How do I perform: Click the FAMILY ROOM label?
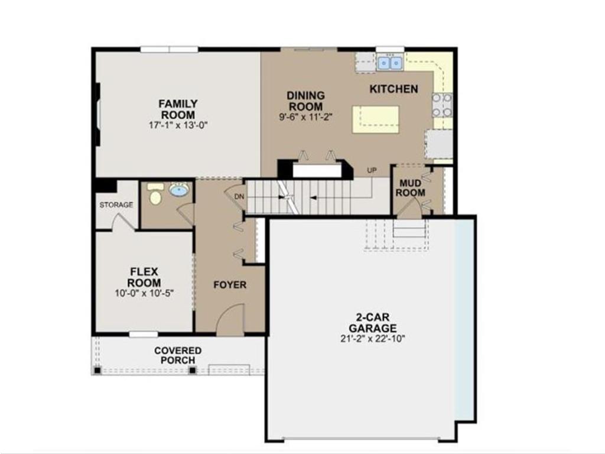pyautogui.click(x=178, y=109)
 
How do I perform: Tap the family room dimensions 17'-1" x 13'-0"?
pyautogui.click(x=178, y=125)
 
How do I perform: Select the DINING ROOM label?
pyautogui.click(x=305, y=100)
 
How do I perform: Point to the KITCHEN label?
pyautogui.click(x=393, y=89)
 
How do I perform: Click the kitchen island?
pyautogui.click(x=375, y=118)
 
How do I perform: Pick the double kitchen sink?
pyautogui.click(x=389, y=61)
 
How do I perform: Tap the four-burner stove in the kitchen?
pyautogui.click(x=442, y=105)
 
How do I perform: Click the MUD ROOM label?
pyautogui.click(x=410, y=187)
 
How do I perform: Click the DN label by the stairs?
pyautogui.click(x=239, y=197)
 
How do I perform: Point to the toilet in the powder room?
pyautogui.click(x=155, y=194)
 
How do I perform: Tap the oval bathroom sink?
pyautogui.click(x=178, y=190)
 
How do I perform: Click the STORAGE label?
pyautogui.click(x=116, y=205)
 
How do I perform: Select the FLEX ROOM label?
pyautogui.click(x=144, y=277)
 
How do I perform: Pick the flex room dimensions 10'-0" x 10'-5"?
pyautogui.click(x=144, y=293)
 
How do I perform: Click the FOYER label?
pyautogui.click(x=230, y=285)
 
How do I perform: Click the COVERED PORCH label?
pyautogui.click(x=178, y=355)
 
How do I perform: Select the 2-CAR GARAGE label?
pyautogui.click(x=372, y=323)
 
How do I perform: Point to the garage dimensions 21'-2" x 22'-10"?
pyautogui.click(x=372, y=339)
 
